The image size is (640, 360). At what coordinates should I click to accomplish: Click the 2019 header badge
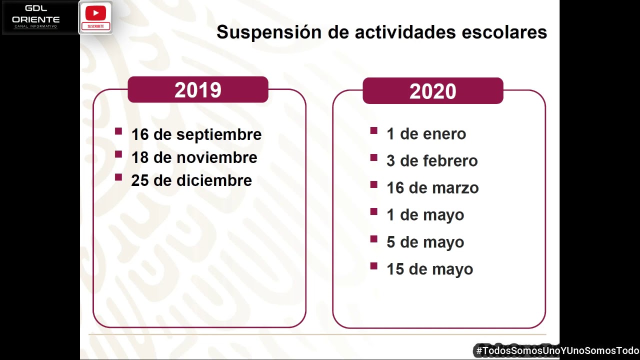tap(198, 90)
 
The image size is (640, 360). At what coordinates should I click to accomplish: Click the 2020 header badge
tap(432, 91)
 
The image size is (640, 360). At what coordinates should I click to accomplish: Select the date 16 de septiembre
tap(196, 134)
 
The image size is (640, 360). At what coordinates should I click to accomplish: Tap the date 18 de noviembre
tap(194, 157)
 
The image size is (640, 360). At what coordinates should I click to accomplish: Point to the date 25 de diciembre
tap(191, 180)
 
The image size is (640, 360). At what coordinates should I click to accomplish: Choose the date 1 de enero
tap(426, 134)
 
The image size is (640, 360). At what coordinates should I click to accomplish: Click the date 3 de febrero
tap(432, 161)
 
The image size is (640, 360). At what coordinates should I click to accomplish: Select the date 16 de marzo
tap(432, 188)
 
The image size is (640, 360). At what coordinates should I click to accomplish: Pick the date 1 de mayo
tap(425, 215)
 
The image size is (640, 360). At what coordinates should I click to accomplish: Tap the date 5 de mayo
tap(425, 242)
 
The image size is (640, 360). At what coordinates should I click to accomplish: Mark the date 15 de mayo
tap(429, 269)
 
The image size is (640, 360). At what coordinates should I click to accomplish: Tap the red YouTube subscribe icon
tap(95, 17)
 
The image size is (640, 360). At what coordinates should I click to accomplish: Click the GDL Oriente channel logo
tap(36, 17)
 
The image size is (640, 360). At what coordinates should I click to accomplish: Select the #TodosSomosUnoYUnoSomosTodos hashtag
tap(557, 351)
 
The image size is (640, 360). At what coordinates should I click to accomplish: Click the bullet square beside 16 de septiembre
tap(118, 131)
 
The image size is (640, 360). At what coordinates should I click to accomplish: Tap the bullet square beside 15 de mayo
tap(373, 266)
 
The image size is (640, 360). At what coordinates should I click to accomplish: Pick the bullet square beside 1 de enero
tap(373, 131)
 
